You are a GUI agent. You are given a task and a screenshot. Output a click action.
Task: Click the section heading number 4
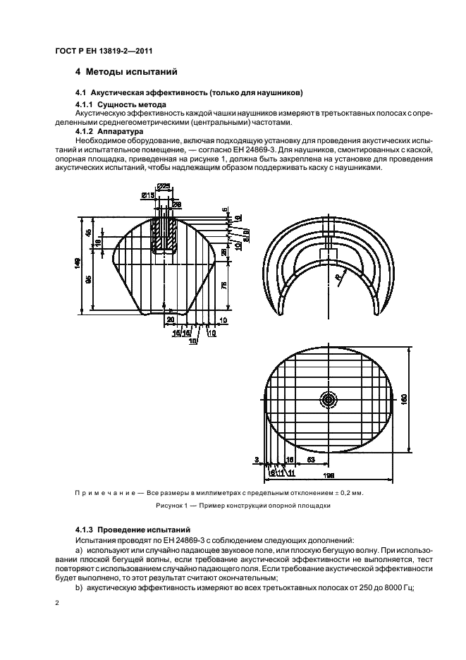[78, 71]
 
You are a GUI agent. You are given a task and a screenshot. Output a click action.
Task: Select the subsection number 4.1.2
[85, 132]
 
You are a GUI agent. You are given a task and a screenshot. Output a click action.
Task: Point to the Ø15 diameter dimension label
[148, 195]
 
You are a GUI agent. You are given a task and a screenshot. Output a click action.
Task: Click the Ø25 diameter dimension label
[163, 186]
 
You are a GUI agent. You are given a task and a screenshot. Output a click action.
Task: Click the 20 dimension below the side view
[171, 319]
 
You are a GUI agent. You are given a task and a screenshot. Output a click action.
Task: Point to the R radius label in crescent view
[339, 279]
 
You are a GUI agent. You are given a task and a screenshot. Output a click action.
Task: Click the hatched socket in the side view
[166, 236]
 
